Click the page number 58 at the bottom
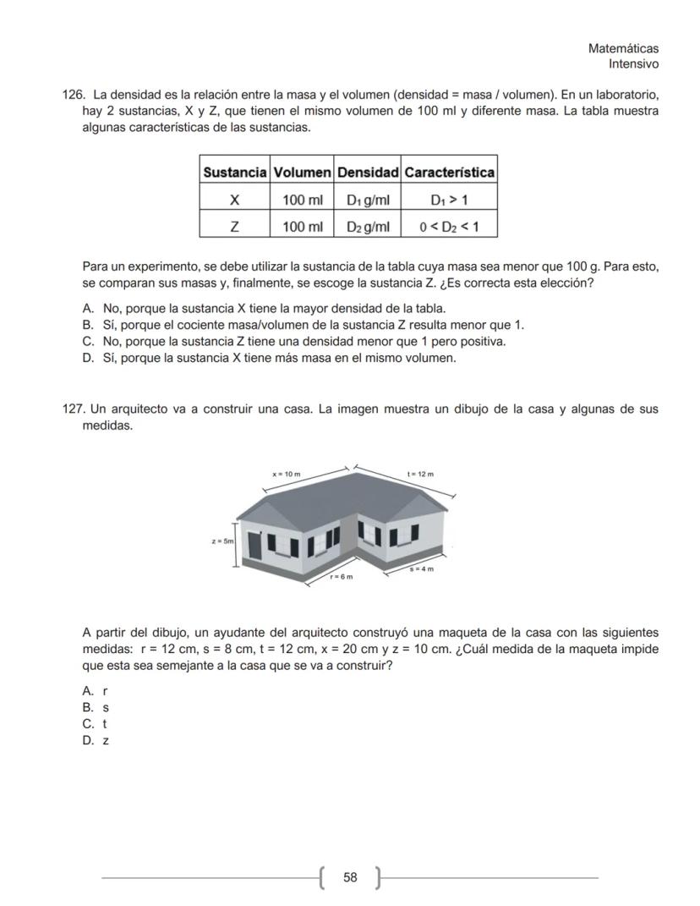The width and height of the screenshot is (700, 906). coord(349,878)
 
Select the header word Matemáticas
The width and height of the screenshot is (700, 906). coord(623,49)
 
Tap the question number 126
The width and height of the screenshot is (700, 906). coord(75,96)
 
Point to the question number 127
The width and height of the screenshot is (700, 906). coord(75,409)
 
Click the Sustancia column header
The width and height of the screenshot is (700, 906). coord(234,173)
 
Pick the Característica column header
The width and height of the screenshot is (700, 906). coord(448,173)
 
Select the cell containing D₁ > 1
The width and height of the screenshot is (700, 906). coord(448,200)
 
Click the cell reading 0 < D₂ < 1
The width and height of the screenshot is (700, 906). coord(448,227)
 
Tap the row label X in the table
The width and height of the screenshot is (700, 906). coord(234,200)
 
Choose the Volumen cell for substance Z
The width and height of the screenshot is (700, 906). coord(302,227)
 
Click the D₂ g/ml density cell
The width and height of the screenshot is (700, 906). coord(368,227)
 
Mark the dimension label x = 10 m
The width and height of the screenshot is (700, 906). coord(287,475)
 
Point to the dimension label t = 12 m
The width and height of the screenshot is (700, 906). coord(420,475)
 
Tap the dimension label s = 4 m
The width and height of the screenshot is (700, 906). coord(422,569)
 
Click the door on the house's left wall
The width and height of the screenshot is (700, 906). coord(254,546)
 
